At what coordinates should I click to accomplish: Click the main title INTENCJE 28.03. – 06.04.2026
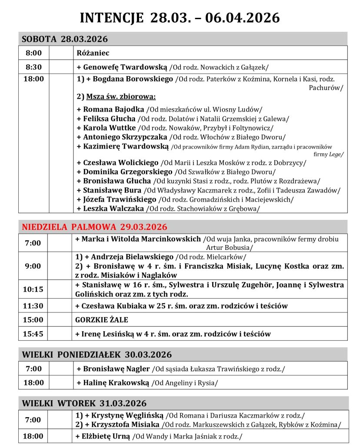point(180,17)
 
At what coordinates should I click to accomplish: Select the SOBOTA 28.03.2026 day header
point(65,39)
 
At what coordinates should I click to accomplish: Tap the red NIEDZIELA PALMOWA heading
point(94,227)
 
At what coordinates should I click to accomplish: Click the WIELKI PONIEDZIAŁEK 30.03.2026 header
point(97,354)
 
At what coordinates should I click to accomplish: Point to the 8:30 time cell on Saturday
point(33,67)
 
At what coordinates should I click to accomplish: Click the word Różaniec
point(93,53)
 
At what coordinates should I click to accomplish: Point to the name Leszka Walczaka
point(113,209)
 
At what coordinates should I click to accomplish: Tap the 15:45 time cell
point(33,334)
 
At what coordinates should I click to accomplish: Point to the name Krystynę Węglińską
point(124,415)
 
